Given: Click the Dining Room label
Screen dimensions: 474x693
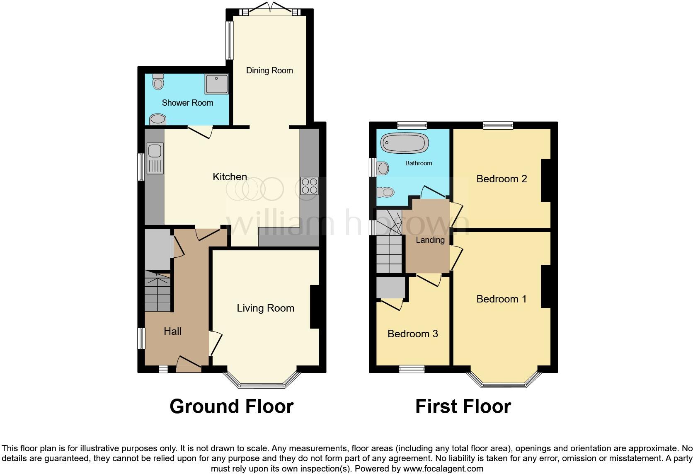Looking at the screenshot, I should click(x=269, y=70).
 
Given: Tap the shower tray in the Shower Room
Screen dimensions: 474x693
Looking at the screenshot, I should click(x=216, y=84).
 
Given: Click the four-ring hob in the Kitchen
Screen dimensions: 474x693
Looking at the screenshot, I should click(x=309, y=186).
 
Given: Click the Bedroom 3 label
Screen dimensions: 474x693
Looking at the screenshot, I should click(x=412, y=334).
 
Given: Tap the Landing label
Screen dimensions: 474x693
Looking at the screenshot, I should click(x=430, y=240).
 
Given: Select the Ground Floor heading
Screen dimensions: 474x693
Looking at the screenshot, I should click(x=231, y=406).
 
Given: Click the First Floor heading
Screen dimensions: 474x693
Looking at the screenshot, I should click(x=463, y=406).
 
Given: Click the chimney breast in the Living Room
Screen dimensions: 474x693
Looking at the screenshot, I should click(x=315, y=307).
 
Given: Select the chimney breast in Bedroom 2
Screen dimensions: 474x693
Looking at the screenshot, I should click(x=546, y=181).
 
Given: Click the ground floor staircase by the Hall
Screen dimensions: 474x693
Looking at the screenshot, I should click(x=157, y=292).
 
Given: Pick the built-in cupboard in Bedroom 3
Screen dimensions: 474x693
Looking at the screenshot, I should click(x=390, y=288).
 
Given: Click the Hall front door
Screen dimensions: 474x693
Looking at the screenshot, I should click(x=189, y=365).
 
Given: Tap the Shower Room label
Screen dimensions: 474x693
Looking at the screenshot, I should click(x=187, y=103).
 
